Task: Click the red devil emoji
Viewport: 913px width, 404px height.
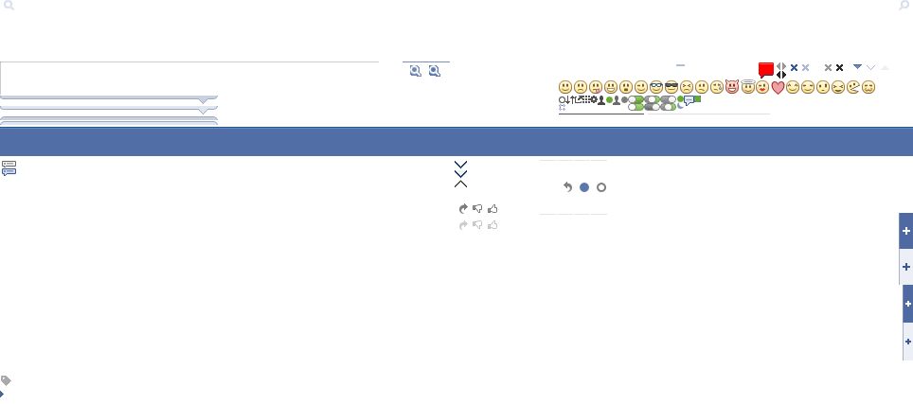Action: (x=732, y=87)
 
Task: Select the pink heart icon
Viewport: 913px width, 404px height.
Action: (x=778, y=87)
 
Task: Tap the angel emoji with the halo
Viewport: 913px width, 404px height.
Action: (x=747, y=87)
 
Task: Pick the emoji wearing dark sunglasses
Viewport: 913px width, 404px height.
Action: (x=671, y=87)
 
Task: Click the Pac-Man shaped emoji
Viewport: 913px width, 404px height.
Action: (x=853, y=87)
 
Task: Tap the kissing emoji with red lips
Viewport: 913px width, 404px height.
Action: (x=762, y=87)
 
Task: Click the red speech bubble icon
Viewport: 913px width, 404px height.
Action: (x=766, y=69)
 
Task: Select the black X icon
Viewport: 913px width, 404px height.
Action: (x=839, y=68)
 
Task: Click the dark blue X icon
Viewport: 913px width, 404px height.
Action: (x=794, y=68)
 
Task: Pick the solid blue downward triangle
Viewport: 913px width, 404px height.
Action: (x=857, y=67)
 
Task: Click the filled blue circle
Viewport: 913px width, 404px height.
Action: (x=584, y=187)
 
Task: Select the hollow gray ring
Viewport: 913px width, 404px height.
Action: (x=601, y=187)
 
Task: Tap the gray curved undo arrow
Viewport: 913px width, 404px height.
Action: (x=567, y=187)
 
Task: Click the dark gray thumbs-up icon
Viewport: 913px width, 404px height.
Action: (x=493, y=208)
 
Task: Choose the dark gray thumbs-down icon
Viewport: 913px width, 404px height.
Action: (x=477, y=208)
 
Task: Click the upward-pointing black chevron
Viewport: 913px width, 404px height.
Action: (x=461, y=184)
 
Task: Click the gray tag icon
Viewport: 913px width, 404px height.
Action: (x=6, y=380)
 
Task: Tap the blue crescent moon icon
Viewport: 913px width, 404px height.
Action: (x=681, y=105)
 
